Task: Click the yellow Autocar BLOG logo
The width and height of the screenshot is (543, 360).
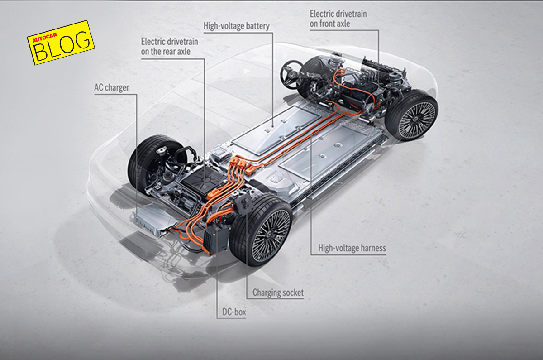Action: coord(60,42)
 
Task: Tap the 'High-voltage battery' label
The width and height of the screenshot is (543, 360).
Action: coord(237,26)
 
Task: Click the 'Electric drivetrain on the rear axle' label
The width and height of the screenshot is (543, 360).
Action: coord(169,47)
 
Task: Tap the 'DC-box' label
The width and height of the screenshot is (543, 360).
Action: coord(234,312)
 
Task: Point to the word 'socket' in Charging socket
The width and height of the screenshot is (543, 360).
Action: coord(292,293)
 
